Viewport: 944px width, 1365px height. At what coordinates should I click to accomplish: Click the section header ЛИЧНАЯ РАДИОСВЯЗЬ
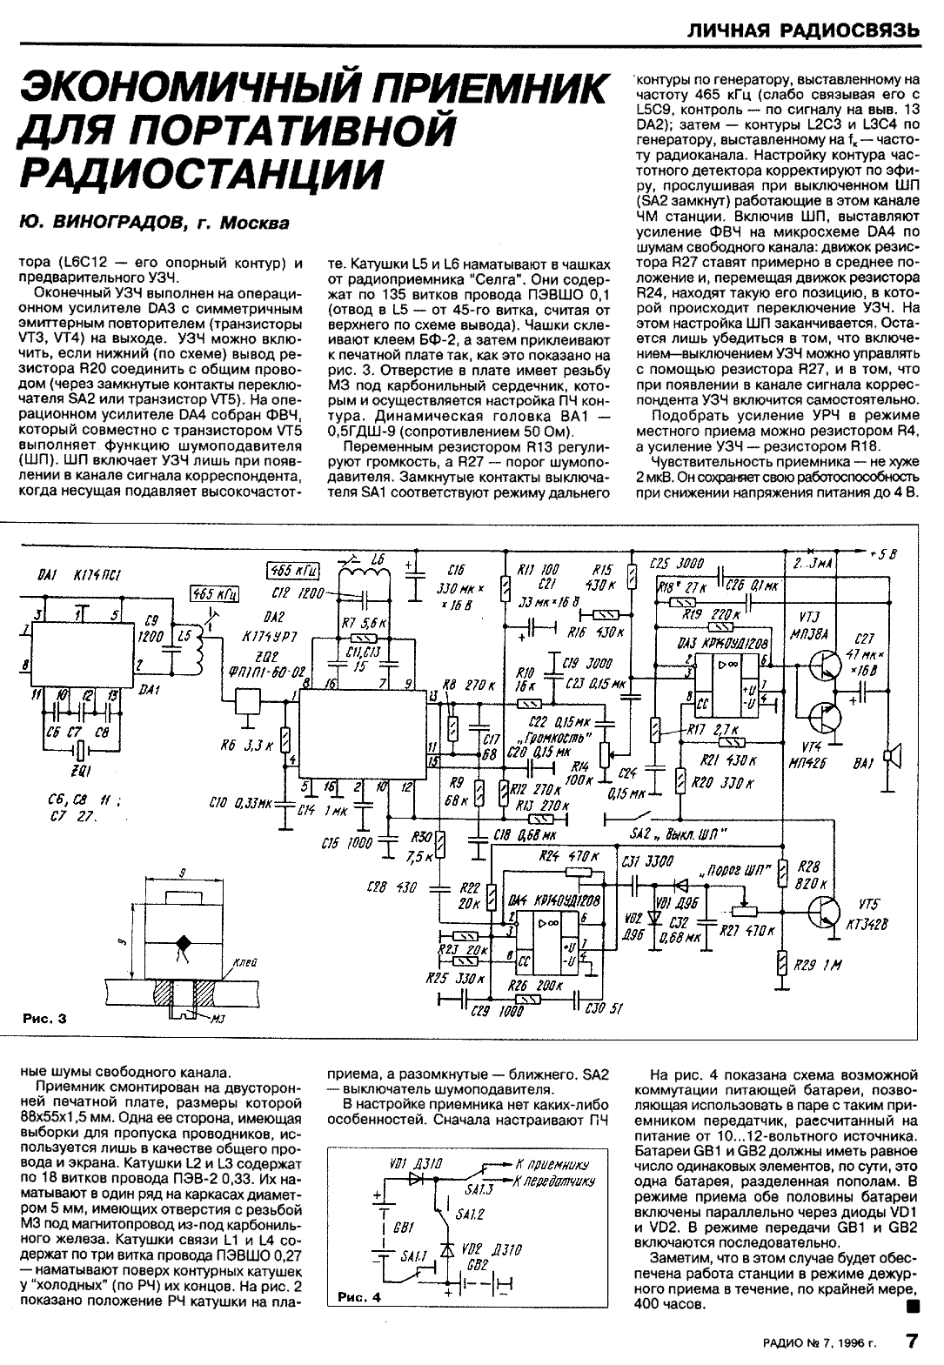click(803, 31)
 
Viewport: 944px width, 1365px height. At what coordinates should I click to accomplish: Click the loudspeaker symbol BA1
click(891, 758)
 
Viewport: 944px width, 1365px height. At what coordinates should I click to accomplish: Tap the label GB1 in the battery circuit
click(402, 1228)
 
